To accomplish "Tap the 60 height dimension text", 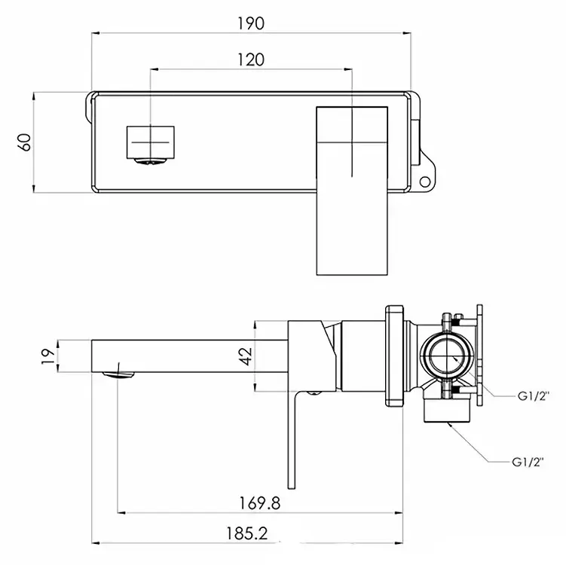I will tap(24, 142).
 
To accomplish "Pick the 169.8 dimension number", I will tap(252, 502).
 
